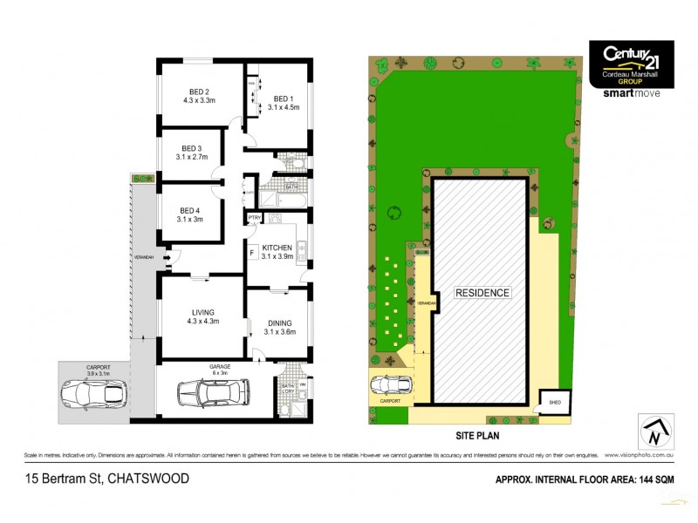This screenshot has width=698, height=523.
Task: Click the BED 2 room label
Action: coord(200,92)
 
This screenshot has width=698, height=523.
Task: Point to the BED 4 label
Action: coord(189,211)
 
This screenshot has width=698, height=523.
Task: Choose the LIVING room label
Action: coord(203,312)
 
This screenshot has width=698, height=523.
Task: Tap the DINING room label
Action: coord(281,322)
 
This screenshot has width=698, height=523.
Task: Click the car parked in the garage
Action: coord(214,393)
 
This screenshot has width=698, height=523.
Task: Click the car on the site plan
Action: coord(391,386)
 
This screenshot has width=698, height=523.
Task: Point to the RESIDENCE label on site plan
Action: coord(481,293)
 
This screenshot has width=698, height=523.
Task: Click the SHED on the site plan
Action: coord(553,403)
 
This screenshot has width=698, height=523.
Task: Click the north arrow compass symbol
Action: coord(655,431)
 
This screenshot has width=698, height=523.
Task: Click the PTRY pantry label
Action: coord(255,217)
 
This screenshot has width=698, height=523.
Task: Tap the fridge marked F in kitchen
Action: coord(252,253)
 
